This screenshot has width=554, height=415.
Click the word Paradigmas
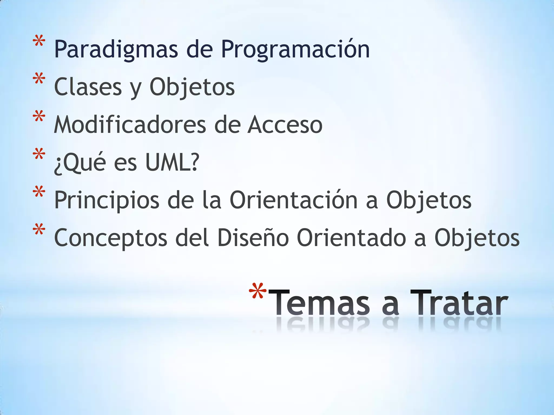pos(116,49)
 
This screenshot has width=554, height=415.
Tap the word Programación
pos(295,49)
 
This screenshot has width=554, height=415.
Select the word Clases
pos(88,87)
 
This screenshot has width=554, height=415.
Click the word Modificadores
pos(130,125)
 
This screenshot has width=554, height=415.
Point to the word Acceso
pos(285,125)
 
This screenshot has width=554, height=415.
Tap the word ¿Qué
pos(80,163)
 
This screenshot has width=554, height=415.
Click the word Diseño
pos(253,238)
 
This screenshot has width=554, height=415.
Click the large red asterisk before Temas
pos(258,291)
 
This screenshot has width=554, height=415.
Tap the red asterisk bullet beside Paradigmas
pos(39,43)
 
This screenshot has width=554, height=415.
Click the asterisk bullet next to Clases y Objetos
pos(39,80)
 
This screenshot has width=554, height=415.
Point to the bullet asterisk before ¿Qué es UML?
pos(39,155)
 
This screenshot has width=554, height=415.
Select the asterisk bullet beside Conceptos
pos(39,231)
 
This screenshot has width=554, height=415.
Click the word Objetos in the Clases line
pos(192,87)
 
